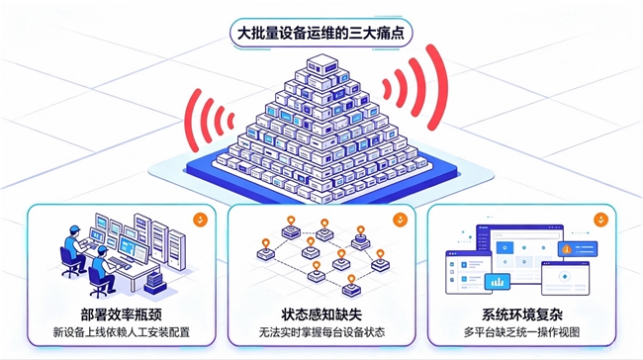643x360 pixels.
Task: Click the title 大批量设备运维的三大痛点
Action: tap(321, 34)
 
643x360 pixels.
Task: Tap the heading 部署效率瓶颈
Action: tap(122, 315)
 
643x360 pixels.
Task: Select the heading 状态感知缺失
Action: tap(321, 315)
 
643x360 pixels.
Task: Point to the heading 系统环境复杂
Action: tap(521, 315)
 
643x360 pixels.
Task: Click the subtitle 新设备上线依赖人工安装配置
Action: tap(122, 331)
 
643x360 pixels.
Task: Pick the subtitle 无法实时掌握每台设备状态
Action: tap(321, 331)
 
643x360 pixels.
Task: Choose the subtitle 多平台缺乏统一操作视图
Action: tap(521, 331)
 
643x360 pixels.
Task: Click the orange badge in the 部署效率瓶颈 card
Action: tap(200, 220)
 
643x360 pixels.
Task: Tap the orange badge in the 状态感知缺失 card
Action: tap(401, 220)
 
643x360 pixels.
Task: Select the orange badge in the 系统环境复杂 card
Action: tap(600, 220)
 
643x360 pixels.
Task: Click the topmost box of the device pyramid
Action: tap(322, 65)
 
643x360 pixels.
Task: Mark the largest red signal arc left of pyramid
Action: tap(190, 120)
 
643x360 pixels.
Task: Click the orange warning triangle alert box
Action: tap(578, 248)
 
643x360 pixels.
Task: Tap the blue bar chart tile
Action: tap(498, 282)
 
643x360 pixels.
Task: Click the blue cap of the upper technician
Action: tap(74, 228)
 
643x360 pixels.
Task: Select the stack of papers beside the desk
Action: tap(155, 283)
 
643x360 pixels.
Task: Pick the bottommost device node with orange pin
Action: tap(351, 286)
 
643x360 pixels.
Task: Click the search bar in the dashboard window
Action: tap(525, 235)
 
